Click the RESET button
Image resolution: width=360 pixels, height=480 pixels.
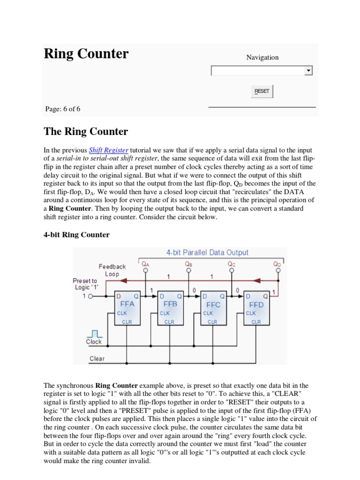coord(262,91)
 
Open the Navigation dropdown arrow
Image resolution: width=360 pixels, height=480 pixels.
coord(308,71)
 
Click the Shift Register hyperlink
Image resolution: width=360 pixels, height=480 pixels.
coord(108,150)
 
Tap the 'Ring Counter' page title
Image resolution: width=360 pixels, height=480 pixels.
coord(86,54)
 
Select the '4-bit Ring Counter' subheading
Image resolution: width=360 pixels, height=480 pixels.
coord(77,235)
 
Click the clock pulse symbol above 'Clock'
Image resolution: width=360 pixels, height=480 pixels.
coord(94,333)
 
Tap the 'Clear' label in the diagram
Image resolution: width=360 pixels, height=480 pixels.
coord(97,359)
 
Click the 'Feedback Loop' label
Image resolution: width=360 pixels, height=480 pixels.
coord(112,270)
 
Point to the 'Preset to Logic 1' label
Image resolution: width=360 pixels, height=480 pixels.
coord(85,284)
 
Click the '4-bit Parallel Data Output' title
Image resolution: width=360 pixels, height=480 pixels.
coord(207,252)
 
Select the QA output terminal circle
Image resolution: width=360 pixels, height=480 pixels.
coord(146,270)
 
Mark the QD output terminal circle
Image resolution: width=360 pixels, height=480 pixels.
coord(278,270)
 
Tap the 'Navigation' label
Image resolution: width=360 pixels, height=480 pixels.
coord(262,57)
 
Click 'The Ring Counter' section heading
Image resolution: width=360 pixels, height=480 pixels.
coord(86,131)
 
